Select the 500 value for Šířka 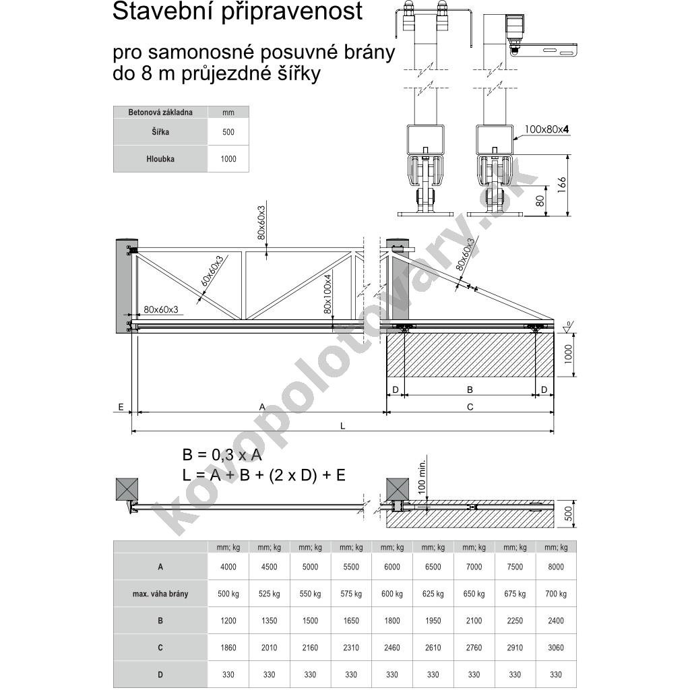[x=228, y=132]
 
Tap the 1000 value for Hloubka [x=228, y=159]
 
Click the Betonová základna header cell [x=160, y=113]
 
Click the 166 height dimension [x=563, y=185]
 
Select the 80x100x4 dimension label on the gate [x=327, y=294]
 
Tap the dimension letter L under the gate [x=342, y=426]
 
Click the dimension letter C [x=470, y=406]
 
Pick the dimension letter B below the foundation [x=470, y=389]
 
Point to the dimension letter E [x=121, y=407]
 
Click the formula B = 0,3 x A [x=222, y=455]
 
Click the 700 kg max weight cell [x=556, y=594]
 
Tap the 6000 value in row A [x=392, y=567]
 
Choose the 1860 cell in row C [x=228, y=648]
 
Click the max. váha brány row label [x=160, y=594]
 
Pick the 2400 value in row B [x=556, y=621]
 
